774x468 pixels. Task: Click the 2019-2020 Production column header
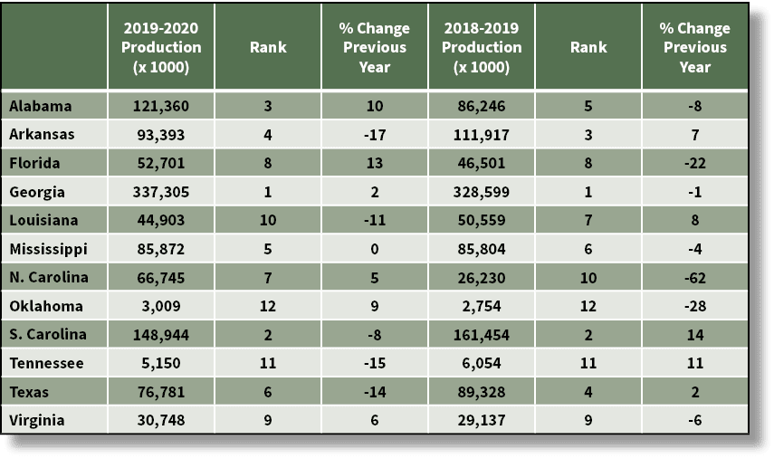coord(160,47)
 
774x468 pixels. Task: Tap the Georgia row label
coord(35,191)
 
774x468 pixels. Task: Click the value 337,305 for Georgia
coord(160,191)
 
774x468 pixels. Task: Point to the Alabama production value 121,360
coord(160,106)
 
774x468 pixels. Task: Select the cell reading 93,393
coord(160,135)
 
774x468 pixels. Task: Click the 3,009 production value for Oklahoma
coord(160,305)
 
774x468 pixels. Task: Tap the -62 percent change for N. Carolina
coord(694,277)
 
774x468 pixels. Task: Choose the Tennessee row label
coord(46,362)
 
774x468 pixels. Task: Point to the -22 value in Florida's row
coord(694,163)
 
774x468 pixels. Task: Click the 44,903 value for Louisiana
coord(160,220)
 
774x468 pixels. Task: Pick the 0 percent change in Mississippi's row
coord(375,248)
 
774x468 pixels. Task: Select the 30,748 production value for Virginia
coord(160,419)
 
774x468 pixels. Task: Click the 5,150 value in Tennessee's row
coord(160,362)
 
